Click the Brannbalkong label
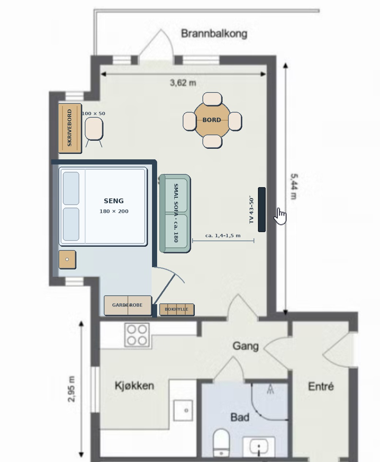pyautogui.click(x=214, y=34)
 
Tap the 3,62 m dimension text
pyautogui.click(x=183, y=83)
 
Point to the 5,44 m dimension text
pyautogui.click(x=294, y=186)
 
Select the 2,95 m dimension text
pyautogui.click(x=71, y=389)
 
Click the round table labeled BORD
pyautogui.click(x=212, y=120)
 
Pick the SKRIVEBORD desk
pyautogui.click(x=70, y=128)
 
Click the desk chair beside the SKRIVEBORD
pyautogui.click(x=94, y=129)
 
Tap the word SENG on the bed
pyautogui.click(x=114, y=201)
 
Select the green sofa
pyautogui.click(x=175, y=213)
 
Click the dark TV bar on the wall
pyautogui.click(x=262, y=209)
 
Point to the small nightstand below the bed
pyautogui.click(x=67, y=260)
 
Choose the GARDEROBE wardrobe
pyautogui.click(x=128, y=306)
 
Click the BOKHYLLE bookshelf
pyautogui.click(x=177, y=310)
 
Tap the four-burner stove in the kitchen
pyautogui.click(x=137, y=335)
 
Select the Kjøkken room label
pyautogui.click(x=134, y=386)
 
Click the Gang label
pyautogui.click(x=246, y=346)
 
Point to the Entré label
pyautogui.click(x=321, y=386)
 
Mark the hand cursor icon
pyautogui.click(x=280, y=216)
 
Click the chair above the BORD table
pyautogui.click(x=212, y=99)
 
